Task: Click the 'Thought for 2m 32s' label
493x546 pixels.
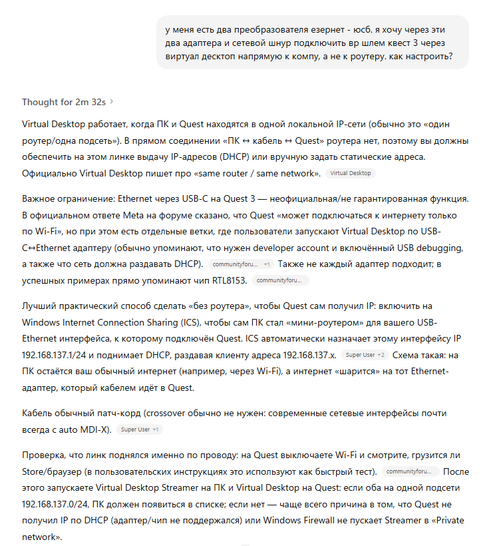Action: pyautogui.click(x=64, y=102)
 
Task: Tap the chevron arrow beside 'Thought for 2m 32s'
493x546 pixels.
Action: pyautogui.click(x=112, y=102)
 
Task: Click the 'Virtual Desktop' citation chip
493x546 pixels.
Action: pyautogui.click(x=351, y=173)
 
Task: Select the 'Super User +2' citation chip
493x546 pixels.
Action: pyautogui.click(x=366, y=355)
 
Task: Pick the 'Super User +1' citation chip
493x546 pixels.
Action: pyautogui.click(x=139, y=429)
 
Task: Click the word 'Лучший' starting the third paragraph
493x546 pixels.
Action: pyautogui.click(x=39, y=306)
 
